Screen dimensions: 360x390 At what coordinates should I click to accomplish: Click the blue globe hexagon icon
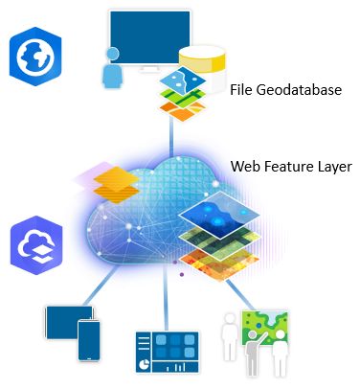coord(35,57)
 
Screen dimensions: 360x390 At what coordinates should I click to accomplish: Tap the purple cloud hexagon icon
coord(36,245)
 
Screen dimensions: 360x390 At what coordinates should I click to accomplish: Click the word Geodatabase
coord(299,90)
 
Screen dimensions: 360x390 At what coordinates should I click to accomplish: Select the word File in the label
coord(241,89)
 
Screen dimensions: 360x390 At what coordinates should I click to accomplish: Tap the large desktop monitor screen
coord(150,37)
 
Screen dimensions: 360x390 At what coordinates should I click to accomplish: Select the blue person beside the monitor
coord(112,68)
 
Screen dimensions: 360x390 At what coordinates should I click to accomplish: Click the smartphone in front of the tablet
coord(89,340)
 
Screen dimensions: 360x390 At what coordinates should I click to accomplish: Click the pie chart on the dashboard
coord(145,364)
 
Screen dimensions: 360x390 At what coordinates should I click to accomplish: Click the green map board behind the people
coord(265,328)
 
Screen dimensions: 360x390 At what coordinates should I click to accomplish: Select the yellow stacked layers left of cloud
coord(117,185)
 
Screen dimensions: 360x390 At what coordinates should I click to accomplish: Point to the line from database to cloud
coord(171,136)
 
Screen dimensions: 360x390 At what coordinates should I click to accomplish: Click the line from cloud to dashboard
coord(166,297)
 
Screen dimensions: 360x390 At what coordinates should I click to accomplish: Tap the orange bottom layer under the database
coord(183,111)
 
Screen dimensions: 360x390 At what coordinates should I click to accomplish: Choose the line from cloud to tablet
coord(100,286)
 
